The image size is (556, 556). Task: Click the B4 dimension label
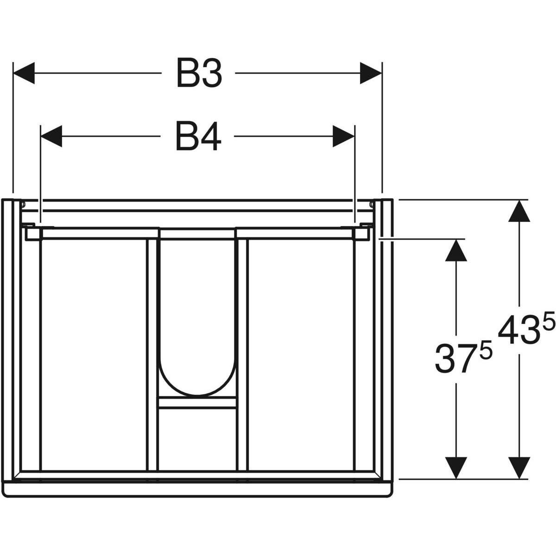(198, 136)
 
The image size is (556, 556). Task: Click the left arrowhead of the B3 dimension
(24, 73)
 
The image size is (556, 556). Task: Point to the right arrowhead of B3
(371, 73)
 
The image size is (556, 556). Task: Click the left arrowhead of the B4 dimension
(51, 136)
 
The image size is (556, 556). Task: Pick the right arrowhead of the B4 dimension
(343, 136)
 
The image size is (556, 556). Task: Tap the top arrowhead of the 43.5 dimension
(519, 211)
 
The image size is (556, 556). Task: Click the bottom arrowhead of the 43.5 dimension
(519, 468)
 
